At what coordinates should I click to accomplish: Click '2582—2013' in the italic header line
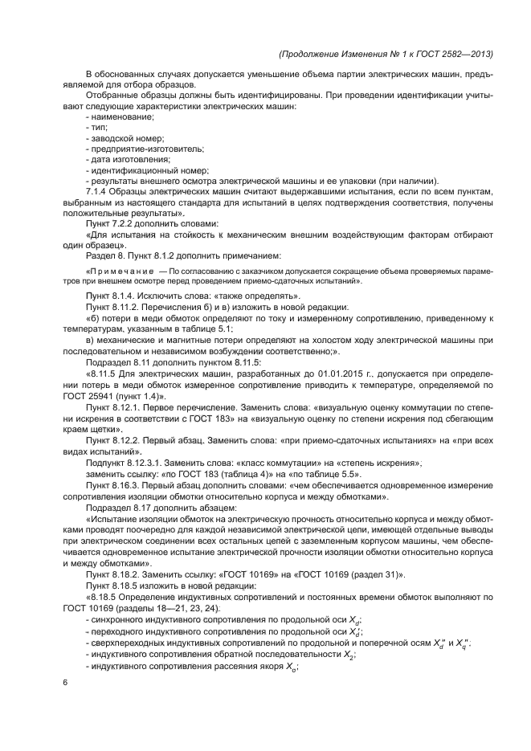click(465, 54)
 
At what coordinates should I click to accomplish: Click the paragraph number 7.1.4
click(97, 191)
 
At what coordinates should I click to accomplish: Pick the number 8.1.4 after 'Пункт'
click(127, 296)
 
